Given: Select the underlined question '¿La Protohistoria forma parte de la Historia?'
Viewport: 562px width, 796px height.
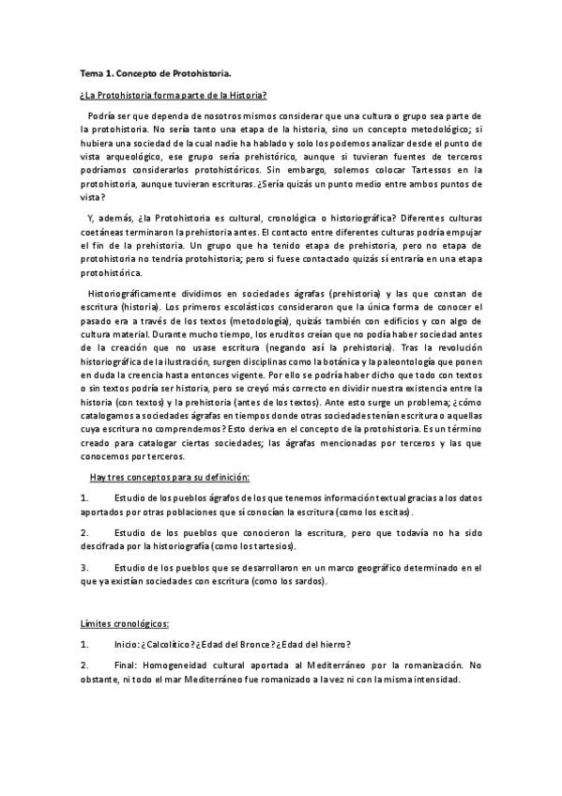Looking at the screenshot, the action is click(174, 95).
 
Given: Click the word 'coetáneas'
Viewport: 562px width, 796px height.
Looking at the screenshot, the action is click(101, 231).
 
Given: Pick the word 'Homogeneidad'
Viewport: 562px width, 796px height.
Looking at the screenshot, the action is click(186, 665).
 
